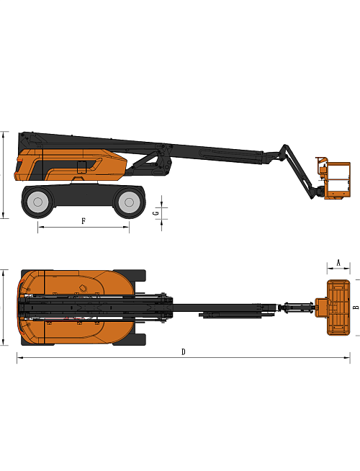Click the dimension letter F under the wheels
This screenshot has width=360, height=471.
coord(83,220)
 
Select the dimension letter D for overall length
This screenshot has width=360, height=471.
coord(183,351)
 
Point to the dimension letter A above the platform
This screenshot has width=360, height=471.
coord(338,263)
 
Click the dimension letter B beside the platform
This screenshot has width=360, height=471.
coord(355,307)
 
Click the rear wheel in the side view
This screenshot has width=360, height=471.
coord(38,202)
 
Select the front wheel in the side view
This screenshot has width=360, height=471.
coord(130,202)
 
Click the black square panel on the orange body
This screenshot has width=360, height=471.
coord(81,167)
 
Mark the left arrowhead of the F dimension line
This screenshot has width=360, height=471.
coord(39,227)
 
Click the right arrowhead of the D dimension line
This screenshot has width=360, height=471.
coord(349,358)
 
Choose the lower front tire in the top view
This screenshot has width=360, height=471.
coord(138,339)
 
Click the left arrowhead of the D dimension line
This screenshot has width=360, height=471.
coord(19,358)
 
